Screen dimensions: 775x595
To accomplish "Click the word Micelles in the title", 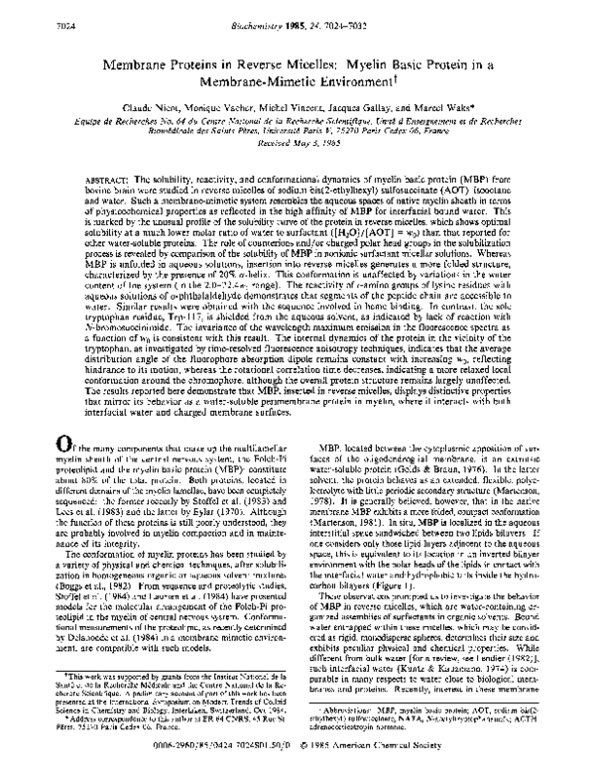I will [x=310, y=61].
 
